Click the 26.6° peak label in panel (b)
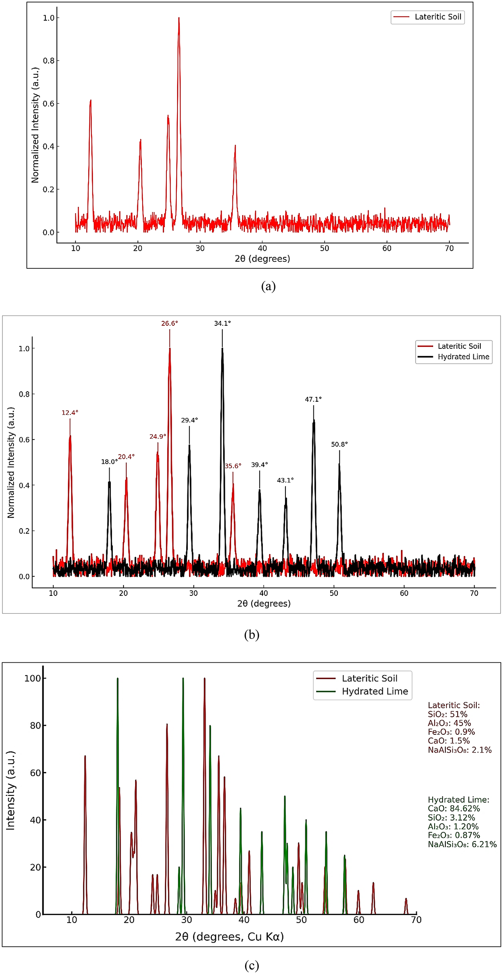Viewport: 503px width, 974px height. coord(169,323)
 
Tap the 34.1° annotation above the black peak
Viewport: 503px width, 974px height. coord(222,323)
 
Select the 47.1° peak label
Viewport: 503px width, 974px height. coord(313,399)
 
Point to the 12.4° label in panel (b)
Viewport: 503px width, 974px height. coord(70,412)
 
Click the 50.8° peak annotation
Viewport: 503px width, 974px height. coord(339,444)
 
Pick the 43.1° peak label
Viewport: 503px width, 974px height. coord(285,480)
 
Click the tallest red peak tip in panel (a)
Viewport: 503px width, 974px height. coord(179,18)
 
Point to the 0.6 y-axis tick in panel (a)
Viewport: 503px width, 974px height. coord(49,104)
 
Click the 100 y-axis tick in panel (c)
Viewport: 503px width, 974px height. coord(33,678)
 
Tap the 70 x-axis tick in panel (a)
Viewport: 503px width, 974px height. coord(449,248)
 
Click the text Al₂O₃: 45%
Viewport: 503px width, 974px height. coord(449,723)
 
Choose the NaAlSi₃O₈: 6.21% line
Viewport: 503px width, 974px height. coord(462,844)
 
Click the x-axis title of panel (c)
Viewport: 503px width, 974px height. coord(229,937)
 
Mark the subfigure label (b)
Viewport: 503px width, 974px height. coord(251,635)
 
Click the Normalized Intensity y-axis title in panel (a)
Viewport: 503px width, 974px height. coord(35,125)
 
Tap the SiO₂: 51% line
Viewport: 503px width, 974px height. coord(447,714)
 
